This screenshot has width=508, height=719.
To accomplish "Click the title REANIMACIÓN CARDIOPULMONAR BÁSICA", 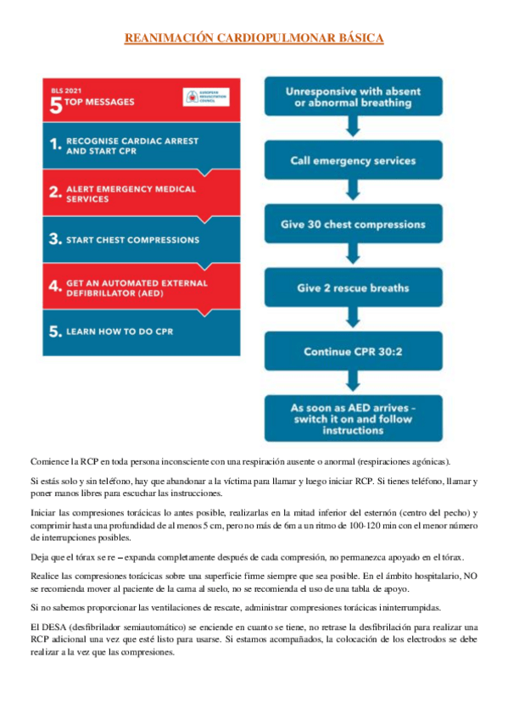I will (254, 38).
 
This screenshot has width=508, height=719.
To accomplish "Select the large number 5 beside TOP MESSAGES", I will (56, 103).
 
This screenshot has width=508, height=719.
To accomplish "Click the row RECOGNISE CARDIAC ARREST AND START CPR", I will (141, 144).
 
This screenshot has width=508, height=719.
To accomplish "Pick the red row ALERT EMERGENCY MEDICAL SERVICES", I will (141, 192).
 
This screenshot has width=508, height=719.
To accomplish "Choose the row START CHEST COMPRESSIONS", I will (141, 239).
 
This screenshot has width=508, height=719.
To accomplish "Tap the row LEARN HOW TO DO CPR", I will (141, 331).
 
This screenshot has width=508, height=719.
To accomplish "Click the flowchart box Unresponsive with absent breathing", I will (352, 97).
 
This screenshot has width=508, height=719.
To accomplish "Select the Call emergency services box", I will (352, 160).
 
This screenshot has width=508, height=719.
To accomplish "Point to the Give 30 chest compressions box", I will (352, 225).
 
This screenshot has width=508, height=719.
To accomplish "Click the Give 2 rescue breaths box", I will (352, 287).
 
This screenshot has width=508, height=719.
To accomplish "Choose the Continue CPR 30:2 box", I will (352, 351).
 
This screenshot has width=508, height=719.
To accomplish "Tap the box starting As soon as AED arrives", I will (352, 418).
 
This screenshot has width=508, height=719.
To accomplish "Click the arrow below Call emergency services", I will (352, 192).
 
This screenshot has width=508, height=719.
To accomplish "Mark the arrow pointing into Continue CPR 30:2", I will (352, 319).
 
